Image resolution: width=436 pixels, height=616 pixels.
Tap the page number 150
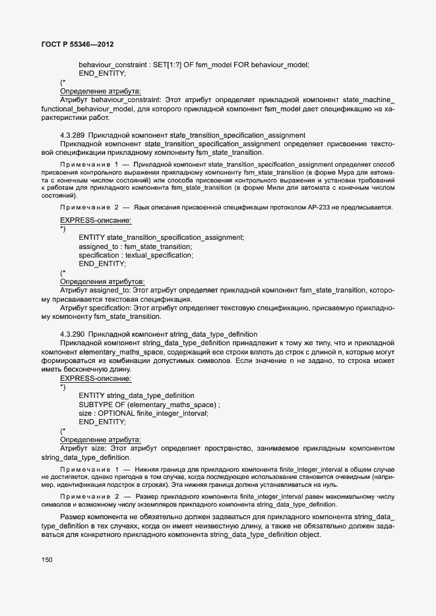(x=47, y=559)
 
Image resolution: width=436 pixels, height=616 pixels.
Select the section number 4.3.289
(x=72, y=135)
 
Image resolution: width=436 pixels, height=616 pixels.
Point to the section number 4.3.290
(x=72, y=334)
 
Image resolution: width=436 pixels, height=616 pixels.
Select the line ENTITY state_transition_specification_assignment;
(x=161, y=237)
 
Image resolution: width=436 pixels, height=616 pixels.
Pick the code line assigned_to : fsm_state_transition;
(x=135, y=246)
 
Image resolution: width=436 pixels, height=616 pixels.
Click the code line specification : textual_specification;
(x=135, y=255)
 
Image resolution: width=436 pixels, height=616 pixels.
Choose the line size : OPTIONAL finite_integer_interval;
(x=143, y=413)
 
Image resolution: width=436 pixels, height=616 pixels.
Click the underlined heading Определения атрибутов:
(x=102, y=281)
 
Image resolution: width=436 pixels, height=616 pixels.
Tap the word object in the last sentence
(x=310, y=535)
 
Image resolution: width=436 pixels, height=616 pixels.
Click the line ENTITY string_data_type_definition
(x=137, y=395)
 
